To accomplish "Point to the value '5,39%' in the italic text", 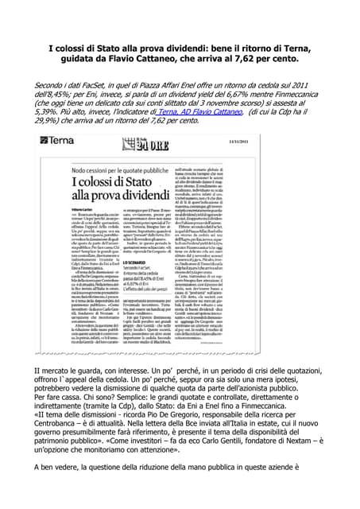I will click(x=48, y=113).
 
